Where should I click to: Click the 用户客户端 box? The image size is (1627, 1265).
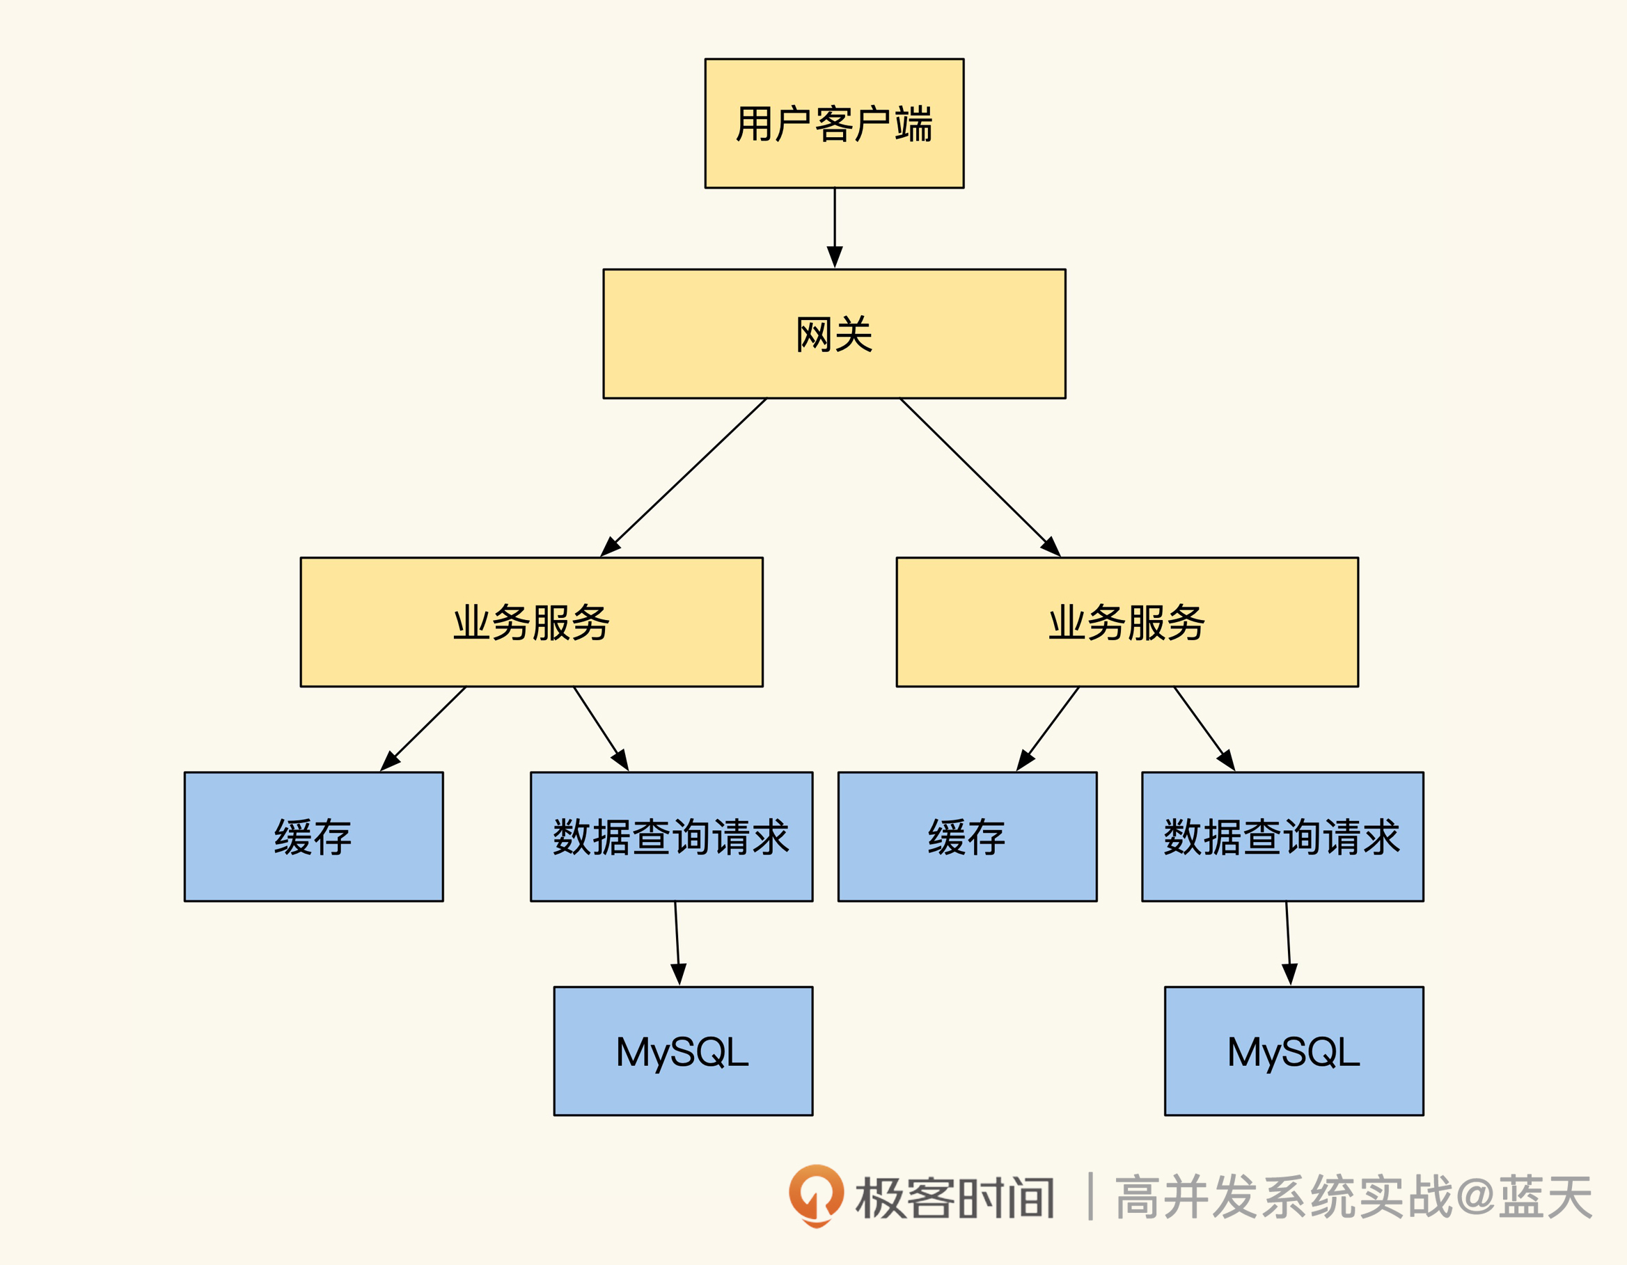(x=834, y=124)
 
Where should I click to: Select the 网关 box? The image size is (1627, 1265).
(x=834, y=333)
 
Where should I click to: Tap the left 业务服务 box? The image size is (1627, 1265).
(x=531, y=621)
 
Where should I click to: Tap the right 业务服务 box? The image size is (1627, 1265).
(x=1127, y=621)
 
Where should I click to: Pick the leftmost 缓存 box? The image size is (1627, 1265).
(x=313, y=836)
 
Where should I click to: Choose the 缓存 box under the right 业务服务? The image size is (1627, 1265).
(x=967, y=836)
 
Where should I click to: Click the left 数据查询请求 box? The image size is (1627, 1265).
(x=671, y=836)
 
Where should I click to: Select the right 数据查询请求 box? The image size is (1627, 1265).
(x=1282, y=836)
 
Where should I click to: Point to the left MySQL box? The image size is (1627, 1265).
(x=683, y=1051)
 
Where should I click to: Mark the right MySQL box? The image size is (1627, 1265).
(x=1294, y=1051)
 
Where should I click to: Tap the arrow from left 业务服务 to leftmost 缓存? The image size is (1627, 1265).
(x=424, y=729)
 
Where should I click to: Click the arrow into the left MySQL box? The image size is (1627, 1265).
(x=677, y=944)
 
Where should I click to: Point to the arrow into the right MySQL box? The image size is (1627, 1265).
(x=1288, y=944)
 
